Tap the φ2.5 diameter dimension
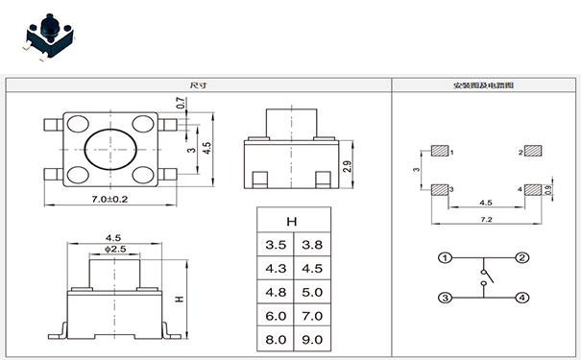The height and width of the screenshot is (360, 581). pyautogui.click(x=114, y=249)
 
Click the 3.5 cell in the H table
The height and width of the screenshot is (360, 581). pyautogui.click(x=275, y=245)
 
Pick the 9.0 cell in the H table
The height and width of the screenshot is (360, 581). pyautogui.click(x=311, y=338)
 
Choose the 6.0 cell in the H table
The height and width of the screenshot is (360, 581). pyautogui.click(x=275, y=315)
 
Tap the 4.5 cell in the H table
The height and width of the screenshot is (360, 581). pyautogui.click(x=311, y=268)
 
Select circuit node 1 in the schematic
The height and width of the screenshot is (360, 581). pyautogui.click(x=446, y=258)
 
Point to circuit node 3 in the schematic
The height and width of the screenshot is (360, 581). pyautogui.click(x=446, y=299)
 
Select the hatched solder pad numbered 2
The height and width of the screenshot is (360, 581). pyautogui.click(x=532, y=152)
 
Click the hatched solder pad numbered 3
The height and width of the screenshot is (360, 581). pyautogui.click(x=439, y=189)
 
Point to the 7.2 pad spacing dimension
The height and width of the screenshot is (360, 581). pyautogui.click(x=486, y=220)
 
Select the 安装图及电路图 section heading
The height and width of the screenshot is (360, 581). pyautogui.click(x=483, y=84)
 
